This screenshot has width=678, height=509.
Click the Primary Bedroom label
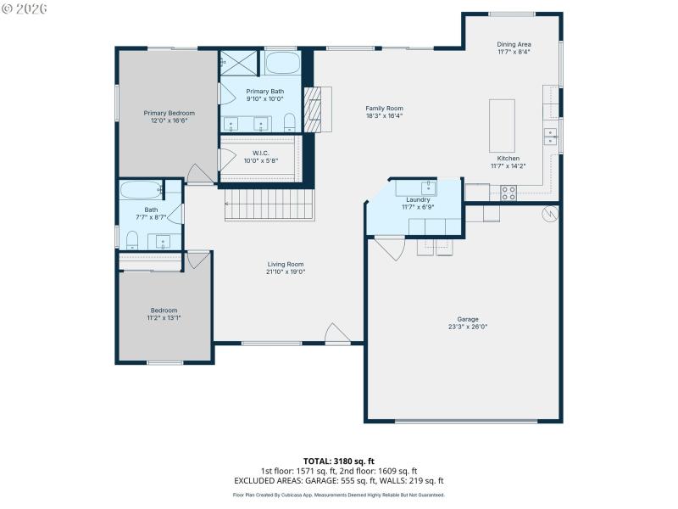click(169, 113)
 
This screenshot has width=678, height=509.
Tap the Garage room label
click(468, 319)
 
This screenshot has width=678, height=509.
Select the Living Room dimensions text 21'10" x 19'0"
click(286, 271)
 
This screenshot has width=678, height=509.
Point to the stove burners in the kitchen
click(508, 193)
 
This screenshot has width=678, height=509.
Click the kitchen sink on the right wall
click(550, 136)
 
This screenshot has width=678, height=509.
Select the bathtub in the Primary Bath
click(281, 64)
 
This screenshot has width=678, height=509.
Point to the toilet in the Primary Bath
click(289, 120)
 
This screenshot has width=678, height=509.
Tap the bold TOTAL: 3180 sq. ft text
click(338, 461)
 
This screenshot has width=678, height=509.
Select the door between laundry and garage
click(388, 248)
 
